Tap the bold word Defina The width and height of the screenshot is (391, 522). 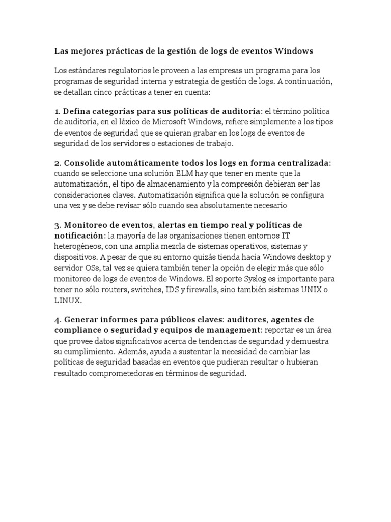coord(78,111)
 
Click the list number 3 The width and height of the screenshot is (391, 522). coord(57,225)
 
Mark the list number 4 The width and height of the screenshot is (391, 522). coord(57,319)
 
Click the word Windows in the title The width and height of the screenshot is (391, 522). coord(294,51)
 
